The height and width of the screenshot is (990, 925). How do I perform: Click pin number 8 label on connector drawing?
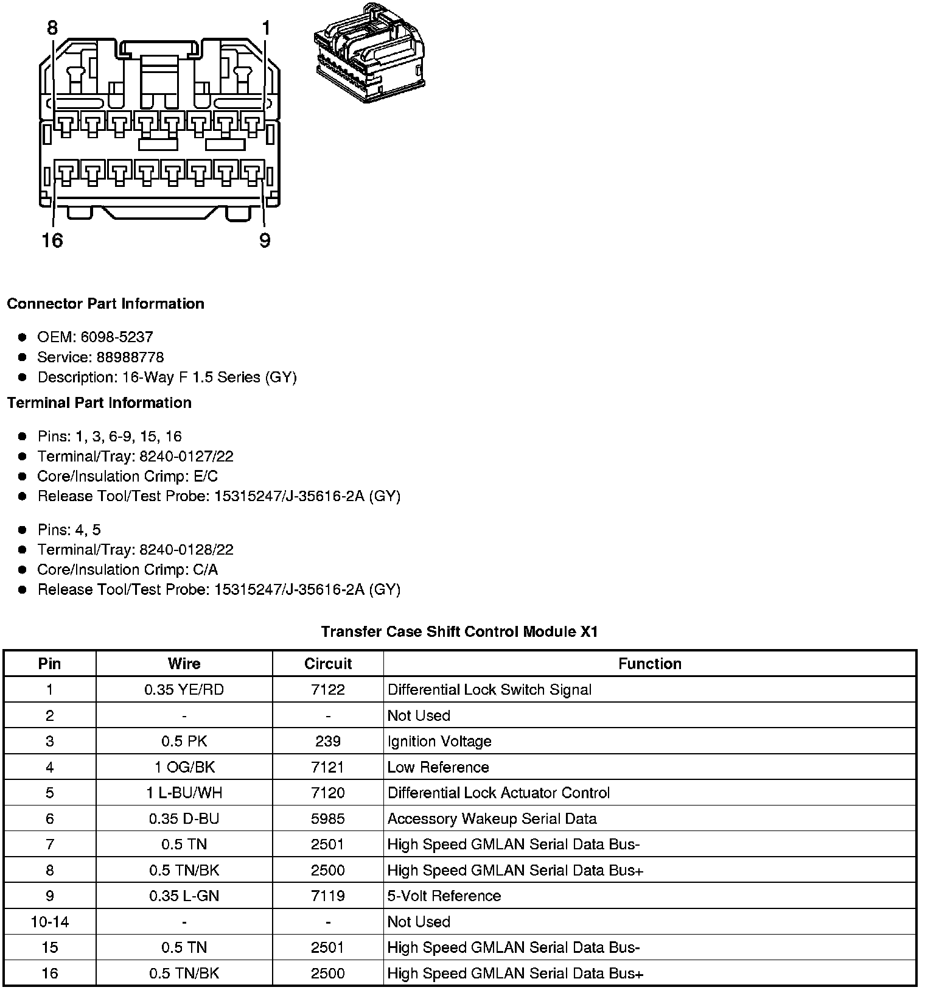tap(52, 28)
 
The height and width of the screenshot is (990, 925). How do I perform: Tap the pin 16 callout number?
tap(52, 240)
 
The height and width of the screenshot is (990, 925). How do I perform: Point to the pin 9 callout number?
tap(264, 240)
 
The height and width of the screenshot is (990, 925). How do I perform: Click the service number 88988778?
tap(130, 357)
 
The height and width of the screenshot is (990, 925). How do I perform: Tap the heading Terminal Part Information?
tap(99, 402)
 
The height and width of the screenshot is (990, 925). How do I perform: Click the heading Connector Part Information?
tap(105, 303)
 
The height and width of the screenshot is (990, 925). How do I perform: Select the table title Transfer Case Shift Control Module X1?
tap(459, 631)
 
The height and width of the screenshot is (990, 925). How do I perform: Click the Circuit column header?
tap(328, 663)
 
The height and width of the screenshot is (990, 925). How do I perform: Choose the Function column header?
tap(649, 663)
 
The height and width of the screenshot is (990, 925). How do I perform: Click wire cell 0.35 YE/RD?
tap(184, 689)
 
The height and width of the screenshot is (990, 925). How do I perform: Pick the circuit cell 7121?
tap(328, 767)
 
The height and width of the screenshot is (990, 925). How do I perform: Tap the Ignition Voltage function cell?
tap(439, 741)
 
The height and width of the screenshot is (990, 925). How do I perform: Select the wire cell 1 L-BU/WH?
tap(184, 793)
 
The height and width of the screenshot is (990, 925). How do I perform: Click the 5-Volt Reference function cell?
tap(444, 896)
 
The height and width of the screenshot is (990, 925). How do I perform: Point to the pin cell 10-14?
tap(50, 922)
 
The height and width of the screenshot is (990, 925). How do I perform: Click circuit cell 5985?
tap(328, 818)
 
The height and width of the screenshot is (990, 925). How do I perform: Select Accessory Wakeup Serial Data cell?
tap(492, 818)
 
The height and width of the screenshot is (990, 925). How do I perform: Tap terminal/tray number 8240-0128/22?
tap(186, 549)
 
